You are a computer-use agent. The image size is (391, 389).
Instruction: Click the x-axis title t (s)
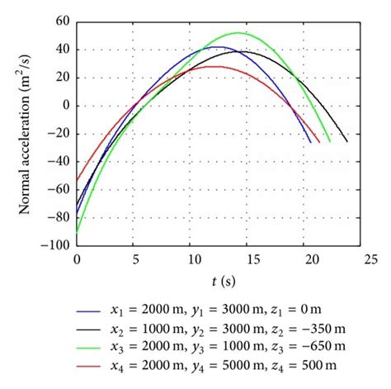click(220, 281)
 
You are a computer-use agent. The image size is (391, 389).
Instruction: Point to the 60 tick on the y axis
click(62, 21)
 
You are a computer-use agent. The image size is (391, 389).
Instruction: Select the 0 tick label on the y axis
click(65, 106)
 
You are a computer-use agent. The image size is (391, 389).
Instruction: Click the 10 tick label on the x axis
click(190, 259)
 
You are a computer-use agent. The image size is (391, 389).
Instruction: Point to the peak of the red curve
click(212, 66)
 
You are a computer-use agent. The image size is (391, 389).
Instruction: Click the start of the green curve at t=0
click(77, 233)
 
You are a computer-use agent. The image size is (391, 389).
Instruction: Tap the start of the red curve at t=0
click(77, 180)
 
